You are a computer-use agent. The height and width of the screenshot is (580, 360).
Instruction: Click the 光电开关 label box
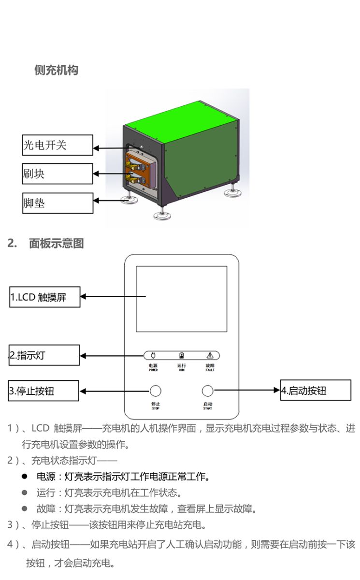click(58, 145)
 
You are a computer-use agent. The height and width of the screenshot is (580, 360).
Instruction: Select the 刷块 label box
click(58, 174)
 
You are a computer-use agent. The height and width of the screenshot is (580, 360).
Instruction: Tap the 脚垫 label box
click(58, 203)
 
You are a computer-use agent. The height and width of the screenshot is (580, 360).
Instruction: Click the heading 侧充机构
click(57, 70)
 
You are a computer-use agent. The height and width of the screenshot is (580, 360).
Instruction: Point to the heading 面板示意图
click(56, 244)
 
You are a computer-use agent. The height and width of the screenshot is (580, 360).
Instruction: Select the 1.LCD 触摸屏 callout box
click(45, 297)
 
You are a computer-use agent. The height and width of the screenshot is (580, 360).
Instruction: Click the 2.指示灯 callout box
click(44, 355)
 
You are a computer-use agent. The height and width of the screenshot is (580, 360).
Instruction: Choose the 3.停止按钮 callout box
click(43, 391)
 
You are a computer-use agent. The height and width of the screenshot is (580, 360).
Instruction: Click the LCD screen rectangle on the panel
click(181, 299)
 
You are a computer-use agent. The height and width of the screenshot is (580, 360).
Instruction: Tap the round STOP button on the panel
click(155, 391)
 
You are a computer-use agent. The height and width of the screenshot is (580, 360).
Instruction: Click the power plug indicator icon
click(154, 355)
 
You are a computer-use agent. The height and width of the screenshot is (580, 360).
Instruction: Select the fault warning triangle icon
click(210, 355)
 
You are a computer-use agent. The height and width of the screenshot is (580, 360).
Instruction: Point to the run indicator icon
click(182, 355)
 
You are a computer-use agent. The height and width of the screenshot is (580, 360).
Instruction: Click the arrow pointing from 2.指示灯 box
click(111, 356)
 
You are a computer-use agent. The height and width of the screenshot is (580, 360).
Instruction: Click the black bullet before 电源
click(24, 477)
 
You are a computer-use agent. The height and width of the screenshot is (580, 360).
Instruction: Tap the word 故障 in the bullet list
click(46, 508)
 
